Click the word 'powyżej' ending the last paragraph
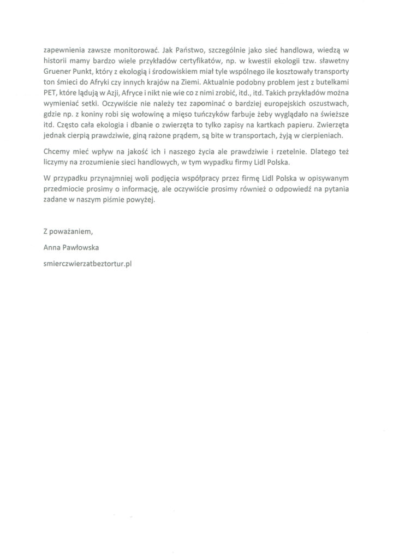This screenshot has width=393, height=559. point(142,201)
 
